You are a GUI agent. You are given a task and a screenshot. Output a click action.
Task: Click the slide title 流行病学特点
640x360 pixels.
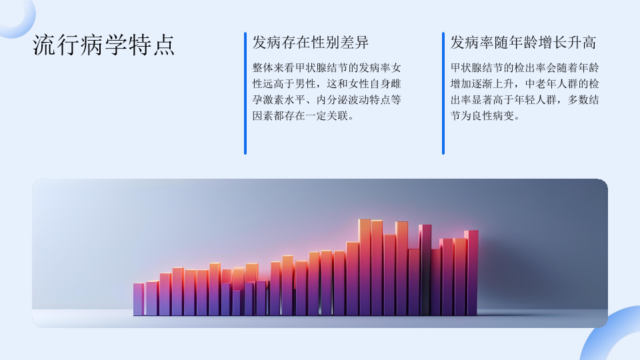click(x=104, y=45)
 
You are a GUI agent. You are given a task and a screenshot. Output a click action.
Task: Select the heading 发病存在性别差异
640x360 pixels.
click(x=311, y=43)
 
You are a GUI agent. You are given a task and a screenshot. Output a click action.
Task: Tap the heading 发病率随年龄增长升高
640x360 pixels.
click(x=523, y=43)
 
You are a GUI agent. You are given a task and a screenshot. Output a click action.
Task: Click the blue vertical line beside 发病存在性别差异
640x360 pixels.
click(x=245, y=93)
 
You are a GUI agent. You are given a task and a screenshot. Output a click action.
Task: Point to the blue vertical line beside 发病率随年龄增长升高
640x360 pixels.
click(x=443, y=93)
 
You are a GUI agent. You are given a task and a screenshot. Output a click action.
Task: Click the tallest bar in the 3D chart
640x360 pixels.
click(x=365, y=267)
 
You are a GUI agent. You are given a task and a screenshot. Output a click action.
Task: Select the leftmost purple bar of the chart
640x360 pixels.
click(x=139, y=299)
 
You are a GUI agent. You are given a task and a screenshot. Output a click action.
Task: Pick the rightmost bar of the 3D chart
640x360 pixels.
click(x=471, y=273)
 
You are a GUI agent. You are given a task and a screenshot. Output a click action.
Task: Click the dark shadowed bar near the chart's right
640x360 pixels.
click(x=425, y=270)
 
